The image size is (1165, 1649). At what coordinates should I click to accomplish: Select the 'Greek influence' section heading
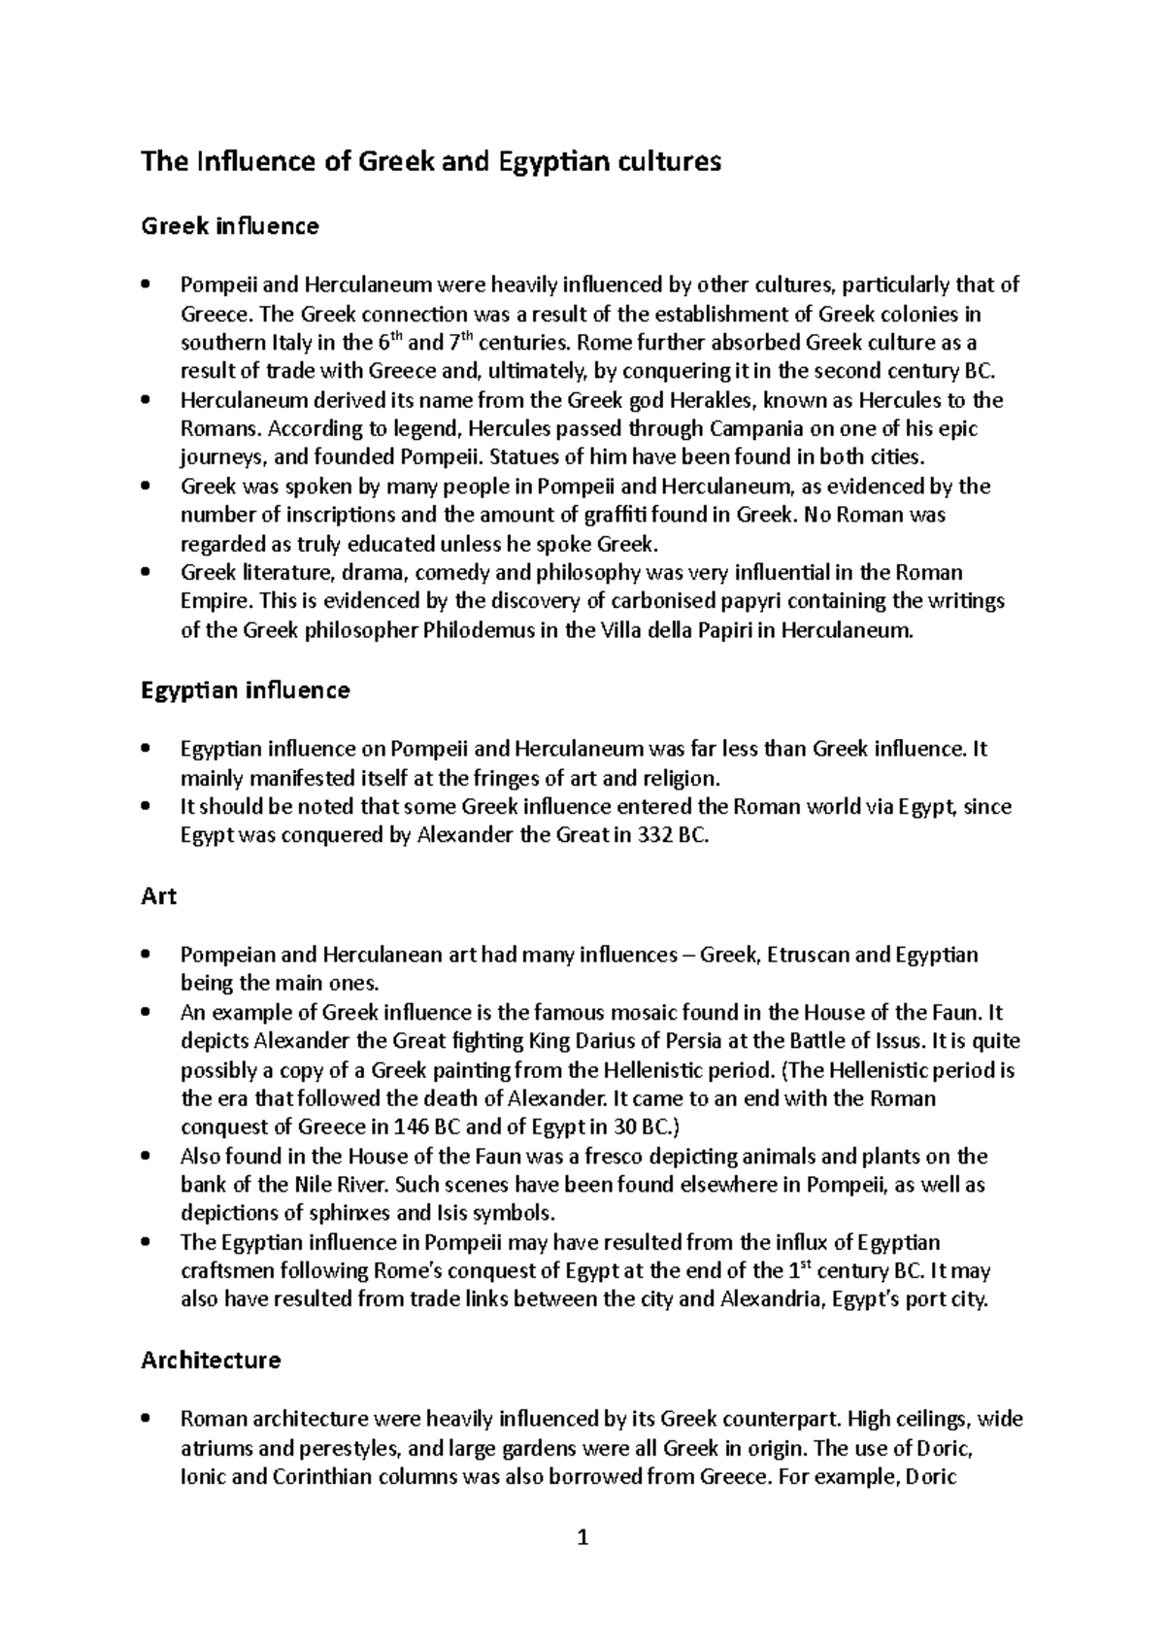(x=230, y=226)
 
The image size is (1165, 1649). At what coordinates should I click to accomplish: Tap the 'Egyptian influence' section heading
(x=245, y=690)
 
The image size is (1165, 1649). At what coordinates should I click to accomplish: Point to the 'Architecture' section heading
(x=211, y=1360)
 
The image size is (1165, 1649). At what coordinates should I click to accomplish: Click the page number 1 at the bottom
(x=582, y=1537)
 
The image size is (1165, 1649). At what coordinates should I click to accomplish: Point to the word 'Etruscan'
(x=808, y=955)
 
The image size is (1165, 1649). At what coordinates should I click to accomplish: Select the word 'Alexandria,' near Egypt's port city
(x=769, y=1300)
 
